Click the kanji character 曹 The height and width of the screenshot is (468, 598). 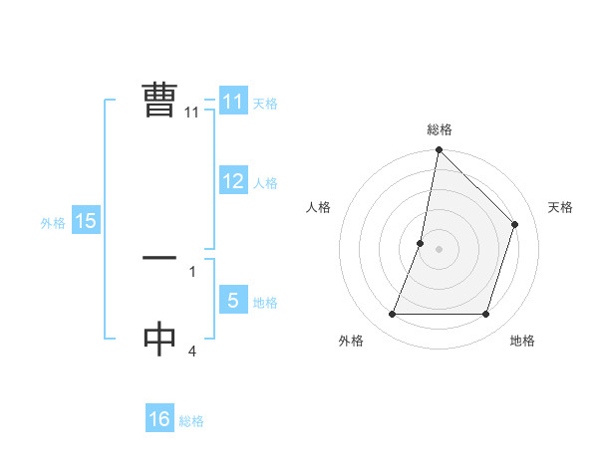point(159,100)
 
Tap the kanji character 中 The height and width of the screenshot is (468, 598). point(159,340)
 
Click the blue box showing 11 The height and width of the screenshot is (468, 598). point(233,102)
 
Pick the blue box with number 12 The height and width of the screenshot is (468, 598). point(233,181)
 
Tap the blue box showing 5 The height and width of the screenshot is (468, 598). point(233,301)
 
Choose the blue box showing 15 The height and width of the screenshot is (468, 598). point(86,221)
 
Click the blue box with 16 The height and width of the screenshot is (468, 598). point(159,419)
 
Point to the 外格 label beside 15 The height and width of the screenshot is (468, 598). point(53,223)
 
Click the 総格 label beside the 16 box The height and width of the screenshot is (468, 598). point(191,421)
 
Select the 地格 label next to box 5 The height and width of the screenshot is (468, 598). point(265,303)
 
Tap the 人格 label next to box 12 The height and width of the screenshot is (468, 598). point(265,183)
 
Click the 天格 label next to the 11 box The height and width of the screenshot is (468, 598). point(265,104)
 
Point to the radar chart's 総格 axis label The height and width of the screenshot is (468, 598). point(440,129)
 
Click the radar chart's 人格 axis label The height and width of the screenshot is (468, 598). point(319,207)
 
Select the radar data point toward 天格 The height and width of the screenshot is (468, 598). point(515,224)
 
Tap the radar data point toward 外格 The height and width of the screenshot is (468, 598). point(392,315)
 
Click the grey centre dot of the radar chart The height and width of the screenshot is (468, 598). point(440,249)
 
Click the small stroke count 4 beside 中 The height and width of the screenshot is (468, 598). point(191,351)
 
